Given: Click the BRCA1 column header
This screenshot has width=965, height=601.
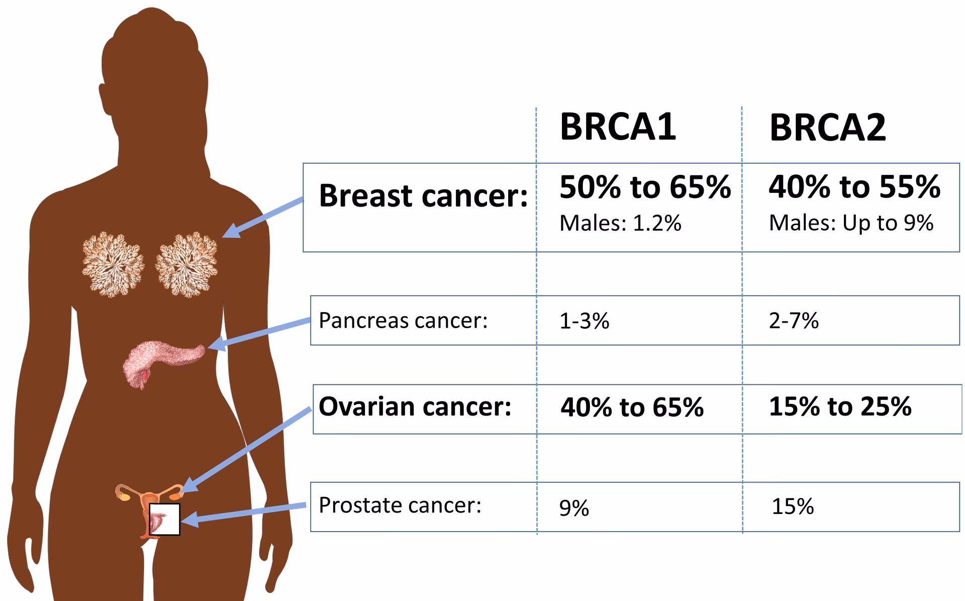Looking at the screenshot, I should point(618,127).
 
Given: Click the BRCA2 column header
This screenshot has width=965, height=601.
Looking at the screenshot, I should point(827,128).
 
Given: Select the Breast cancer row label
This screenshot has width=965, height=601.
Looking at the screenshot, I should point(423,195).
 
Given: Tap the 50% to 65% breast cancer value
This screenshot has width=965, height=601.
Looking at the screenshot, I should point(645,187).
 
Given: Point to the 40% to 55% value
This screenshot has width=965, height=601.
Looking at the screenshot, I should point(854,187).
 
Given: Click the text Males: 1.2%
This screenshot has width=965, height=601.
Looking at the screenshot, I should point(620,223).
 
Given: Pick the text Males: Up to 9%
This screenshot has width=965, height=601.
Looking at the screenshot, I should point(851,223).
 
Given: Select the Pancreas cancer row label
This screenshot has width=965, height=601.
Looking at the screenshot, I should point(403,321).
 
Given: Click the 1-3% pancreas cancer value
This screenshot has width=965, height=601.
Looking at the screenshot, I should point(584,321).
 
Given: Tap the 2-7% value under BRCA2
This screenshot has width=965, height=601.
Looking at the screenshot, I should point(794,321).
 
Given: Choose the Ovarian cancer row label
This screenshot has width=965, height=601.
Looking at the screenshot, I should point(415,407).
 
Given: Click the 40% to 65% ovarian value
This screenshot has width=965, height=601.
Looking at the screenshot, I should point(632,408).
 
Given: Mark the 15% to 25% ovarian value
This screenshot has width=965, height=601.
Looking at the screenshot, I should point(840,407).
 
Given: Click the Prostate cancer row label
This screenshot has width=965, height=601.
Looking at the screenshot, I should point(400,506).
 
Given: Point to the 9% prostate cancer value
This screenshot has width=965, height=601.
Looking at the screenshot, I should point(574,508).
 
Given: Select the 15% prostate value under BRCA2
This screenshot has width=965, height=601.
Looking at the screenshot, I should point(793,507).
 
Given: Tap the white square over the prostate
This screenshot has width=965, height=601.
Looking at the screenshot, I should point(165,519).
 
